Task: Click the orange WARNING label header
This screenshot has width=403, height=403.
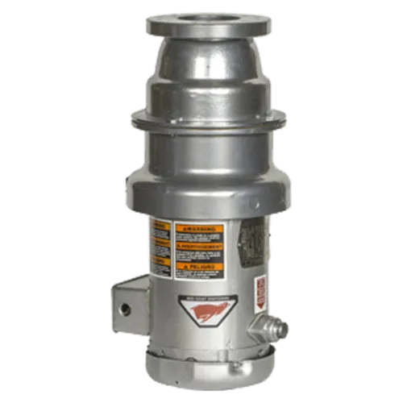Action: (197, 227)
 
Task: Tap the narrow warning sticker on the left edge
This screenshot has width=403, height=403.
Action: (157, 248)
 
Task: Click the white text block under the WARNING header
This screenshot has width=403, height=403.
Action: (197, 237)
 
